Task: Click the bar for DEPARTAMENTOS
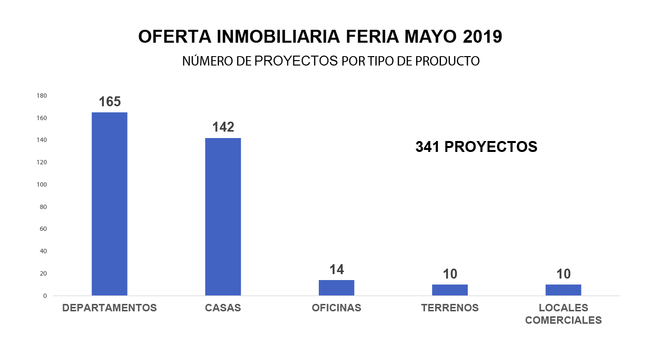pos(109,204)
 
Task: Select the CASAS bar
pos(223,216)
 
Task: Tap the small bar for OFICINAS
pos(336,288)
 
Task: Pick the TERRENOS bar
pos(450,290)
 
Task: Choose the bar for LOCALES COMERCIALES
pos(563,290)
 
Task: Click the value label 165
pos(110,102)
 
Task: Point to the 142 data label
pos(223,127)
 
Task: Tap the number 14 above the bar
pos(337,270)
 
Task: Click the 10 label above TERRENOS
pos(450,274)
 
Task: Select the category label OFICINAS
pos(337,308)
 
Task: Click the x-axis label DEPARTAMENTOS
pos(109,308)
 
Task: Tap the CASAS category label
pos(223,308)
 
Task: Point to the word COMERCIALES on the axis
pos(563,320)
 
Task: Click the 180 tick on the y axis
pos(42,96)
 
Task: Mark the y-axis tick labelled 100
pos(42,185)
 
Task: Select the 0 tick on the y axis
pos(45,296)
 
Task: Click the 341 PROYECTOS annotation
pos(476,147)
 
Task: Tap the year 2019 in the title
pos(482,37)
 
